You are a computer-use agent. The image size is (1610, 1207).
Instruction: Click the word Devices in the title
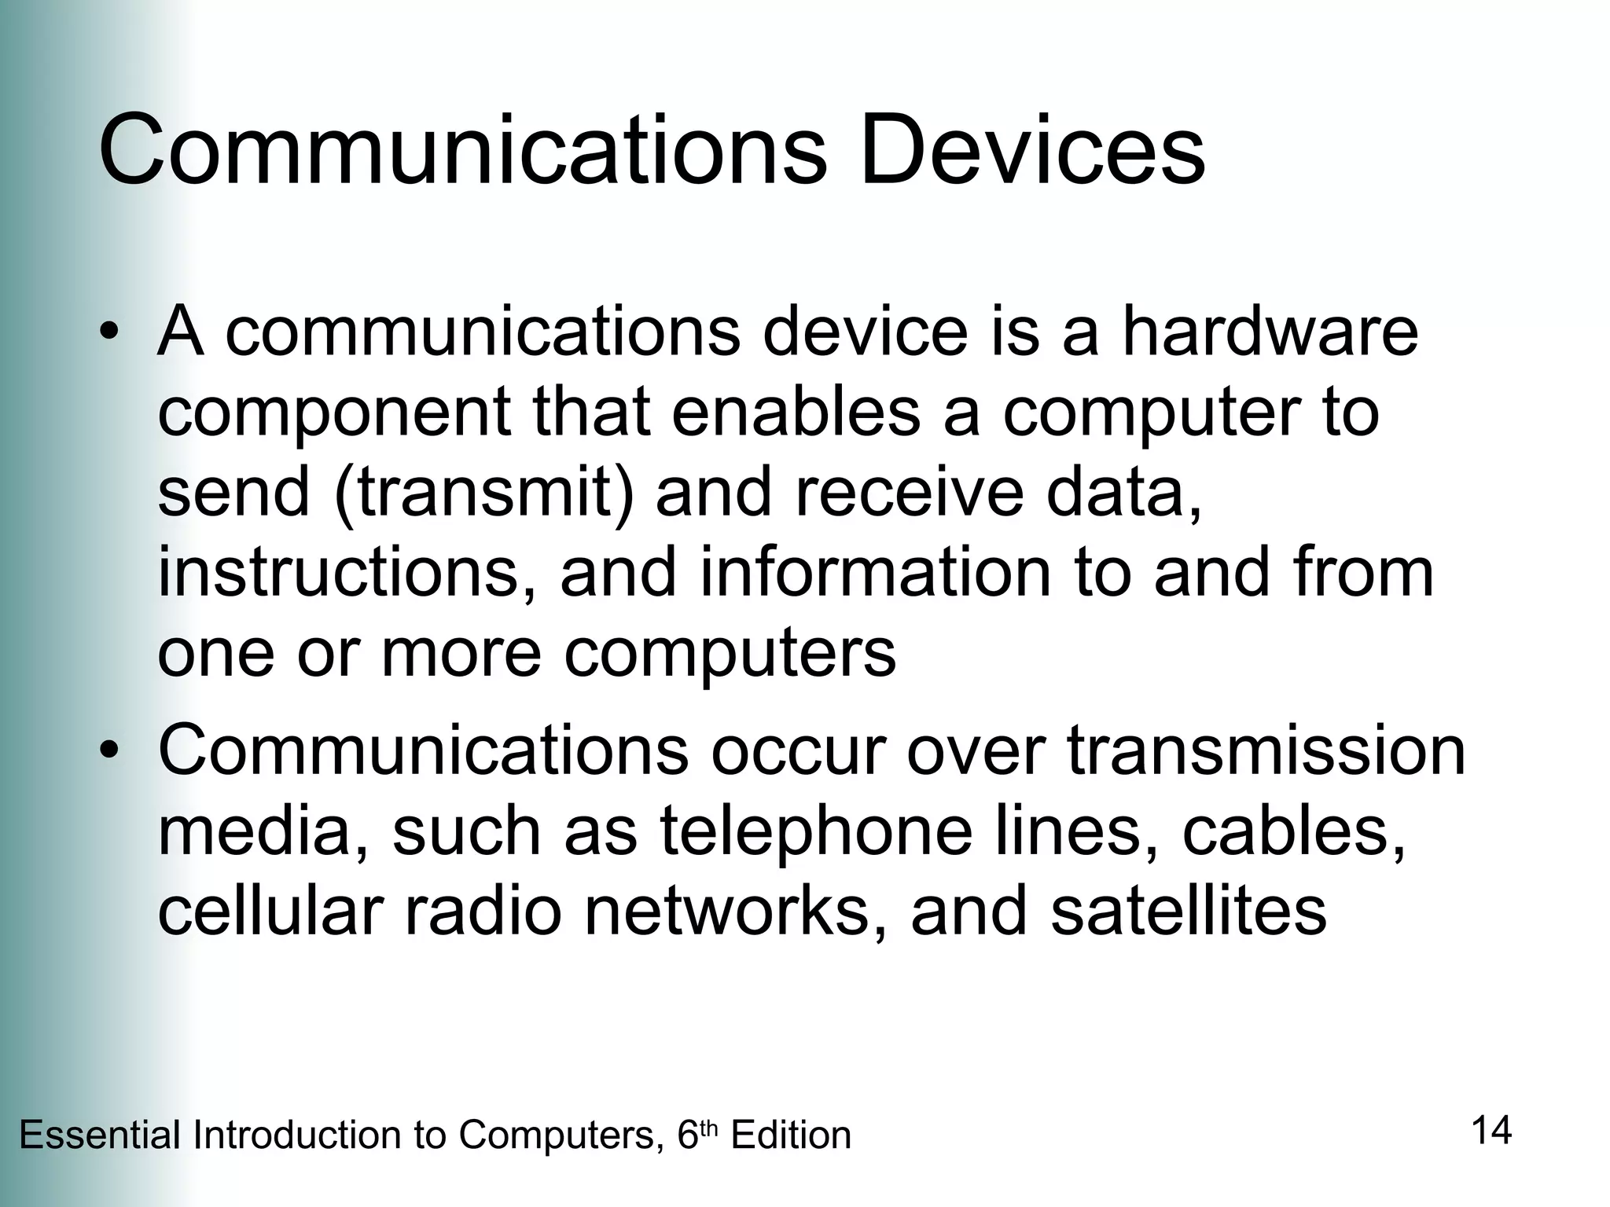[1032, 149]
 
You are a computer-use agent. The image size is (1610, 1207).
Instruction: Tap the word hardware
[1270, 332]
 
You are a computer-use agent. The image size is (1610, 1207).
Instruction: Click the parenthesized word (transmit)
[483, 493]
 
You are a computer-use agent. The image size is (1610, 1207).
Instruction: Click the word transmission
[1266, 751]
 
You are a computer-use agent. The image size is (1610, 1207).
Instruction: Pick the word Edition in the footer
[791, 1135]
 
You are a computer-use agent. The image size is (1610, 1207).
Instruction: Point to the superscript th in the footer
[709, 1128]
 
